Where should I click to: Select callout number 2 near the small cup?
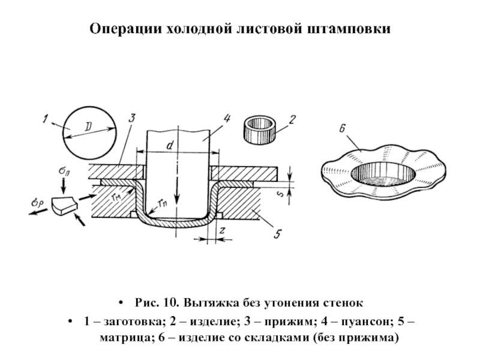[x=292, y=119]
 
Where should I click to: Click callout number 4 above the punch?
[x=227, y=119]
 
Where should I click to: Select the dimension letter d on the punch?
[x=170, y=145]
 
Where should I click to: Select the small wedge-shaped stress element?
[x=64, y=206]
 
